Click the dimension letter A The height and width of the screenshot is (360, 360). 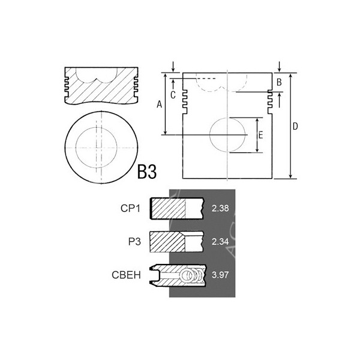pyautogui.click(x=159, y=104)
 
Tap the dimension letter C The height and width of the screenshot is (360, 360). pyautogui.click(x=173, y=94)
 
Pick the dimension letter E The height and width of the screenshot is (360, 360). pyautogui.click(x=260, y=135)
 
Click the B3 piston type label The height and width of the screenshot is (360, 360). pyautogui.click(x=147, y=172)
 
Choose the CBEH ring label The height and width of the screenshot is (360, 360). pyautogui.click(x=127, y=276)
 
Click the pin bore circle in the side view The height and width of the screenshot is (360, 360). pyautogui.click(x=227, y=135)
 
